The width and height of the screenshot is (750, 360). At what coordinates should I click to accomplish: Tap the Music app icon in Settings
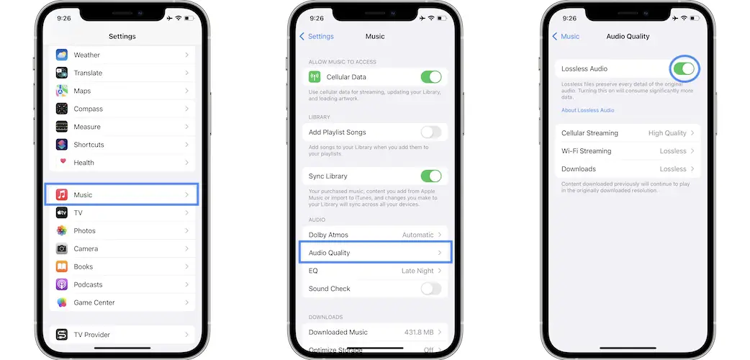point(62,194)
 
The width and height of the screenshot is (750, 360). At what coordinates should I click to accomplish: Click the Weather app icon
point(62,55)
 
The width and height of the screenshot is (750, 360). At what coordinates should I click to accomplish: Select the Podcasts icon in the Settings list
point(62,284)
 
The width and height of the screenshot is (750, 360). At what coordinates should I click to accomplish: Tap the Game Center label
point(94,302)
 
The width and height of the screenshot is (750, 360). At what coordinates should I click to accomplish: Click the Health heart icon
point(62,162)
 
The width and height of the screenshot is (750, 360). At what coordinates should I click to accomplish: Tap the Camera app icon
point(62,248)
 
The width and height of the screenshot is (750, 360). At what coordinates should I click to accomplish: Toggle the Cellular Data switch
point(431,76)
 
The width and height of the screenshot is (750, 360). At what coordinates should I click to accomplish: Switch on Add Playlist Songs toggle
point(431,132)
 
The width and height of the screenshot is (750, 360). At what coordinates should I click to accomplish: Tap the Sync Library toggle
point(431,176)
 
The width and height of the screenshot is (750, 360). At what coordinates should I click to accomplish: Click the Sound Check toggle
point(431,289)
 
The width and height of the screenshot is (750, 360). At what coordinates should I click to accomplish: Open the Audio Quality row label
point(329,253)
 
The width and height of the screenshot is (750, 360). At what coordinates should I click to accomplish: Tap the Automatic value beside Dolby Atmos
point(417,235)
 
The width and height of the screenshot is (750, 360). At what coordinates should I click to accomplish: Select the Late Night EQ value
point(417,271)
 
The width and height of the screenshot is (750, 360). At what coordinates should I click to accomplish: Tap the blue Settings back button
point(317,37)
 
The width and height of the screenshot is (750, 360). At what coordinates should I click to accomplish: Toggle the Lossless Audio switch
point(684,69)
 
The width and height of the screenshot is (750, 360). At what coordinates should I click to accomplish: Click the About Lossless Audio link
point(588,110)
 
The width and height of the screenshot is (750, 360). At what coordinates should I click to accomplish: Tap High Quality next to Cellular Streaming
point(667,133)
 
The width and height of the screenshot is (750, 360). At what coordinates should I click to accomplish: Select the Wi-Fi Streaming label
point(587,150)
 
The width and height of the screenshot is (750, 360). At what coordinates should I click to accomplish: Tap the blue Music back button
point(566,37)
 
